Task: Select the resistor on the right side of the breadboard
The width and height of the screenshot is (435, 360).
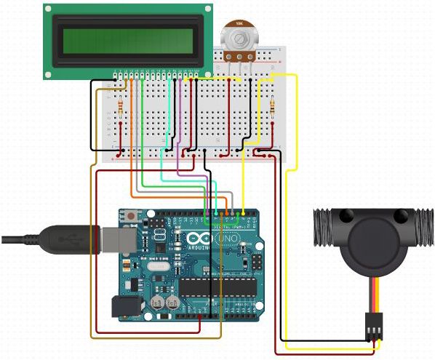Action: tap(272, 108)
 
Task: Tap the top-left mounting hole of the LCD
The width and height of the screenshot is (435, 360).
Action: tap(48, 10)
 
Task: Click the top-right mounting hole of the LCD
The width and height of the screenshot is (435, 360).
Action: tap(208, 10)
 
